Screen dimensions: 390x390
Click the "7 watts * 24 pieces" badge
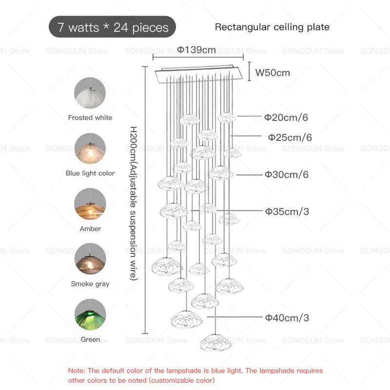(x=112, y=27)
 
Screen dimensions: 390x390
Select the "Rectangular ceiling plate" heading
(x=272, y=27)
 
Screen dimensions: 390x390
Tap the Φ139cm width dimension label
(x=196, y=50)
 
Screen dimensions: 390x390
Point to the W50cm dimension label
(x=273, y=73)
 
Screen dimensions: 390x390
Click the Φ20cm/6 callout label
(x=286, y=117)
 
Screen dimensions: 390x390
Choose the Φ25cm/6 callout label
(x=290, y=137)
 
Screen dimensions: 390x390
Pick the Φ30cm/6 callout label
(x=287, y=175)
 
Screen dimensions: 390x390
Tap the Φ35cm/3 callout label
(x=287, y=212)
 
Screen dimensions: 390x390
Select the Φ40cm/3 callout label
(x=287, y=318)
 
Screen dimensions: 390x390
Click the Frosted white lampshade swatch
(x=90, y=93)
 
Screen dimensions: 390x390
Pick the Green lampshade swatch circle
(x=90, y=314)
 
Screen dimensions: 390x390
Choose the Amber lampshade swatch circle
(x=90, y=204)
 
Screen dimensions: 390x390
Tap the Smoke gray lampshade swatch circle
(x=90, y=259)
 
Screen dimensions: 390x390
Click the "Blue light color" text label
(x=90, y=173)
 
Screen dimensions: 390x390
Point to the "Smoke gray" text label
(x=90, y=284)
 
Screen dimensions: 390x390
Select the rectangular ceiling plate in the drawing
(x=198, y=74)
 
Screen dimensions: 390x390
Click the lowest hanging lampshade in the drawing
(x=215, y=343)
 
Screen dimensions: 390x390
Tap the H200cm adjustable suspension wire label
(x=133, y=203)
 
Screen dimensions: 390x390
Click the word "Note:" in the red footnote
(x=77, y=370)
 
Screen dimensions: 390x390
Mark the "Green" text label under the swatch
(x=90, y=339)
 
